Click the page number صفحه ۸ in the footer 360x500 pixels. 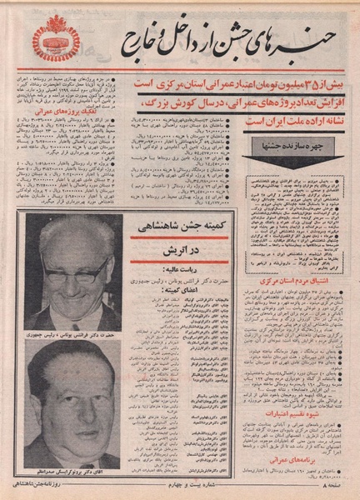click(337, 482)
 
